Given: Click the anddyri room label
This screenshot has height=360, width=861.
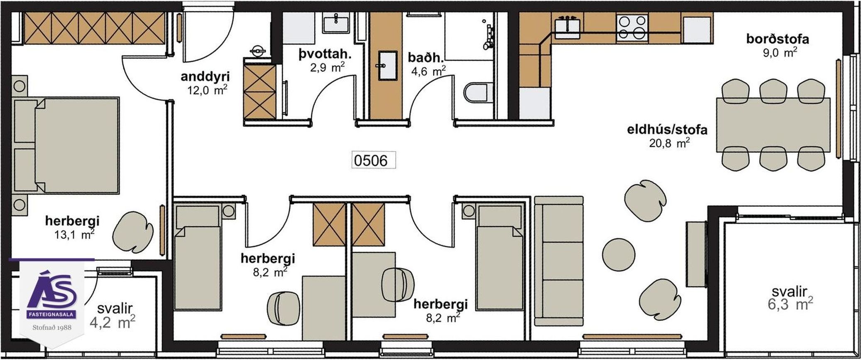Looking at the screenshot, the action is (x=205, y=77).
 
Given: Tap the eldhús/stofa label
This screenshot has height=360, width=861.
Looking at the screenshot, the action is (x=667, y=130).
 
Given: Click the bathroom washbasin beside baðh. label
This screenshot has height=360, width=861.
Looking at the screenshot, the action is (x=387, y=65).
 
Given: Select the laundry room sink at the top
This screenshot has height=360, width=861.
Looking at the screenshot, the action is (x=337, y=22).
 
